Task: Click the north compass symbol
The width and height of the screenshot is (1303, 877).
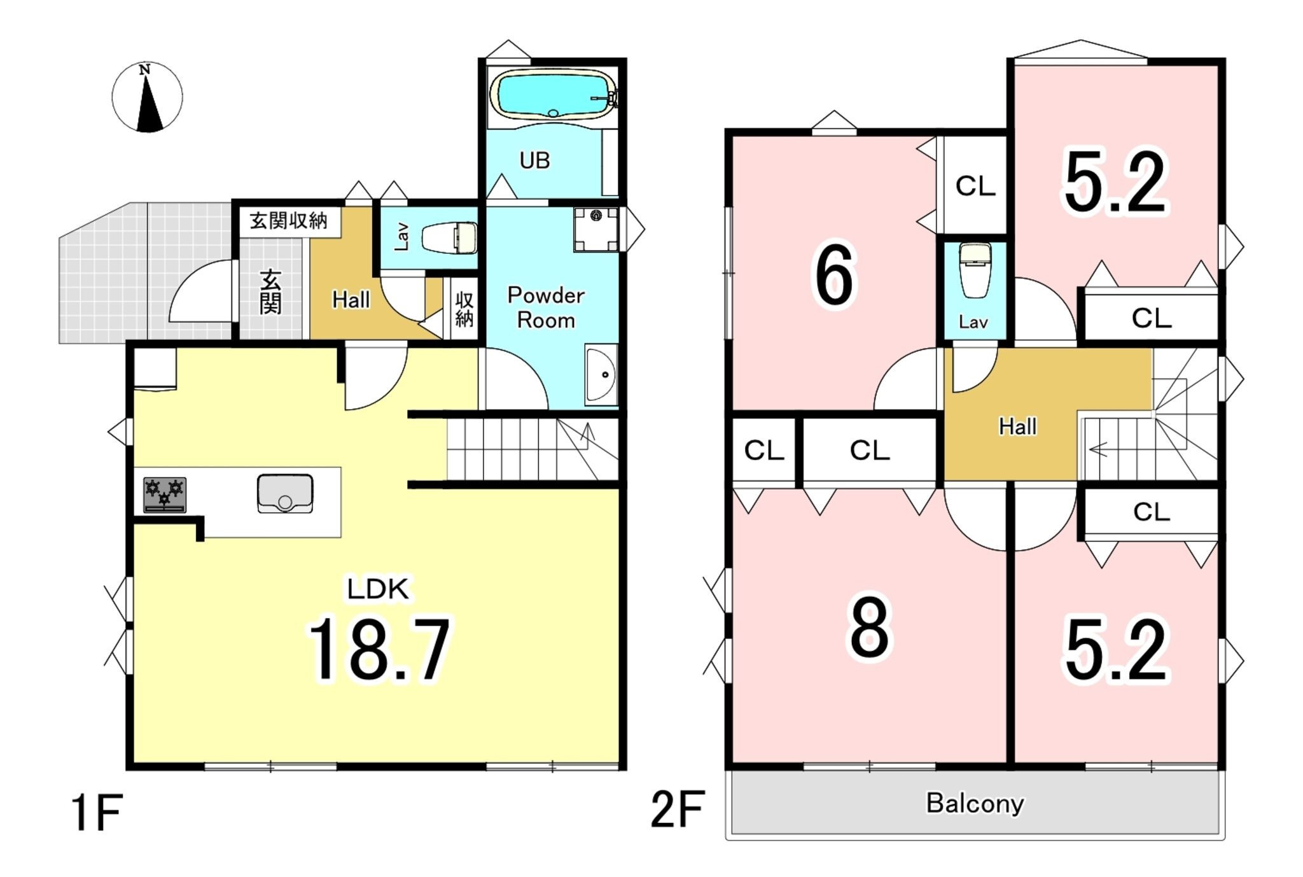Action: click(147, 97)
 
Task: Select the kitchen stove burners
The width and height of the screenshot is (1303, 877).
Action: click(165, 495)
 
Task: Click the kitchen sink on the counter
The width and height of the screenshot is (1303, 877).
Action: click(285, 493)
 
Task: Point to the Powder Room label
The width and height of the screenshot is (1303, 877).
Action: click(546, 307)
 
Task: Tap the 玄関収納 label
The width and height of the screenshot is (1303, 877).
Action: click(288, 221)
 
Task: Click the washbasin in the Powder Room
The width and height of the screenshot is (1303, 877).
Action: click(601, 375)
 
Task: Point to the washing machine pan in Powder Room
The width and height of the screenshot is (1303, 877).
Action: click(596, 229)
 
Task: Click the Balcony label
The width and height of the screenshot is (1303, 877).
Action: click(975, 803)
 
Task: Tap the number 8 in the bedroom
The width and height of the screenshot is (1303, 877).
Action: click(869, 627)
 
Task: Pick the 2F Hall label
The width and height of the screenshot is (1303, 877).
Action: click(1017, 426)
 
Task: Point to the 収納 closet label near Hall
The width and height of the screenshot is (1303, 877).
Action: click(464, 309)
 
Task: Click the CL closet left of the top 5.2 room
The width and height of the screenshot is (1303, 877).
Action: click(975, 186)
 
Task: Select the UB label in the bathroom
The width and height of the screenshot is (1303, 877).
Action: click(534, 160)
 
